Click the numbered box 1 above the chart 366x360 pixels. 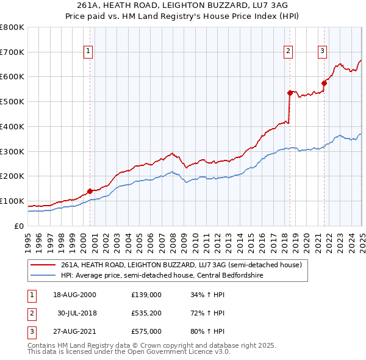tap(89, 51)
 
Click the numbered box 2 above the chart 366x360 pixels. tap(288, 51)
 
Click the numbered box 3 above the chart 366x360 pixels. tap(322, 51)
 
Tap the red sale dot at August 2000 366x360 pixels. tap(90, 191)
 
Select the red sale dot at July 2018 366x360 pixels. tap(290, 93)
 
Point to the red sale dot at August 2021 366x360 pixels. tap(324, 83)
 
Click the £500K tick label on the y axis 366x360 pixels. tap(12, 101)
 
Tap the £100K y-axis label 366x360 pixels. tap(12, 201)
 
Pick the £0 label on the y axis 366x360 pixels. tap(18, 226)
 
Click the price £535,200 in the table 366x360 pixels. tap(146, 313)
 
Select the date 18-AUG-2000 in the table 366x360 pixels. tap(75, 295)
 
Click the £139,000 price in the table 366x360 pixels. tap(146, 295)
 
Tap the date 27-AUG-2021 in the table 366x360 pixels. tap(75, 331)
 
